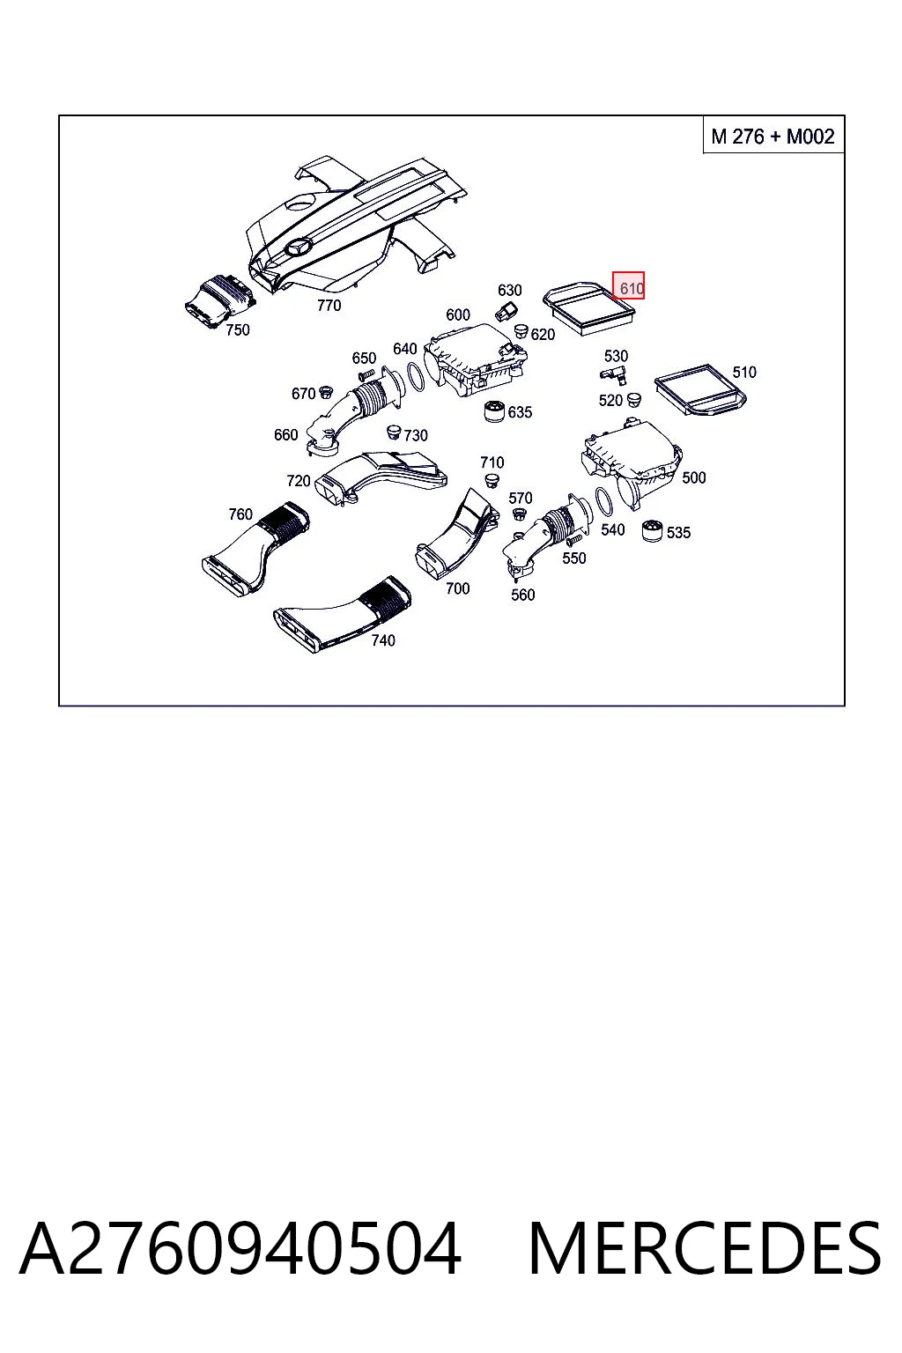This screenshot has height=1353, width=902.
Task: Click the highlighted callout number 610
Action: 628,285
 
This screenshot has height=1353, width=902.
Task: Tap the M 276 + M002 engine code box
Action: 773,136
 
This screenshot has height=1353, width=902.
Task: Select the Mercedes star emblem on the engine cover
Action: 299,247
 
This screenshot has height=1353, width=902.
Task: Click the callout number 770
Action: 329,306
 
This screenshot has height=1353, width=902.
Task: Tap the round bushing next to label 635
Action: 495,411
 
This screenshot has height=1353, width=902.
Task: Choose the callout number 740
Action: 383,640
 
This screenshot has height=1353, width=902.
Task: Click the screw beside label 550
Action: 573,537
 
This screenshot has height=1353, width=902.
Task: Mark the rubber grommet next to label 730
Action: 393,432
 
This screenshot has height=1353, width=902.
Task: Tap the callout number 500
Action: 693,477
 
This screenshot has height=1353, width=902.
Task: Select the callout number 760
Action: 240,514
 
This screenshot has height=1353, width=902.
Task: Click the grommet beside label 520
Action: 633,399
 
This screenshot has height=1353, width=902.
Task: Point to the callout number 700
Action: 457,588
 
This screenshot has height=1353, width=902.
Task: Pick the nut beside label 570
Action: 518,514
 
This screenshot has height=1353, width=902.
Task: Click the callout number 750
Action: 238,329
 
